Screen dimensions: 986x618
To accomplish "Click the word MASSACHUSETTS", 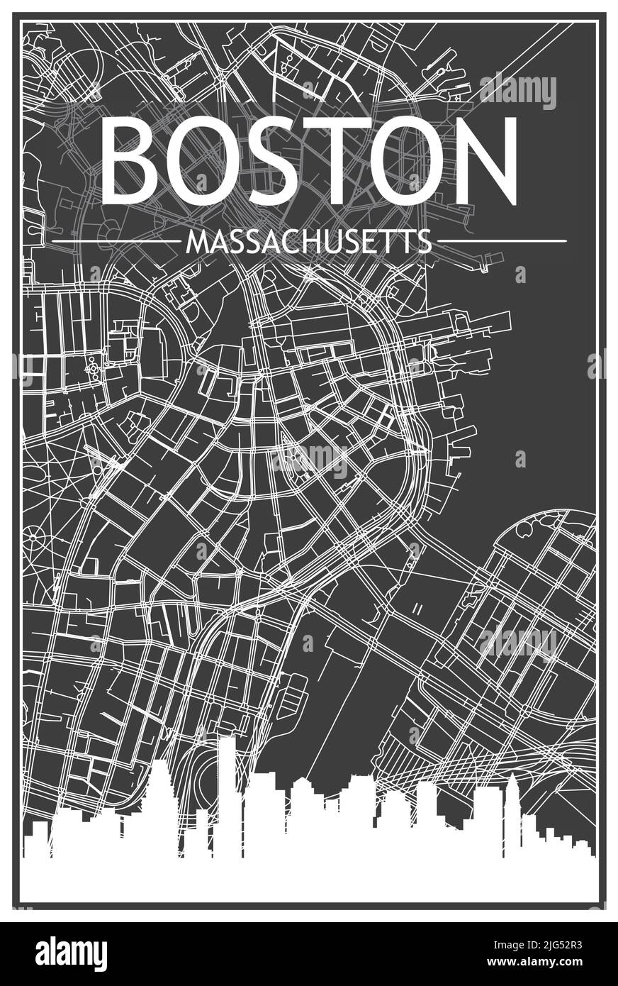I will point(308,243).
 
